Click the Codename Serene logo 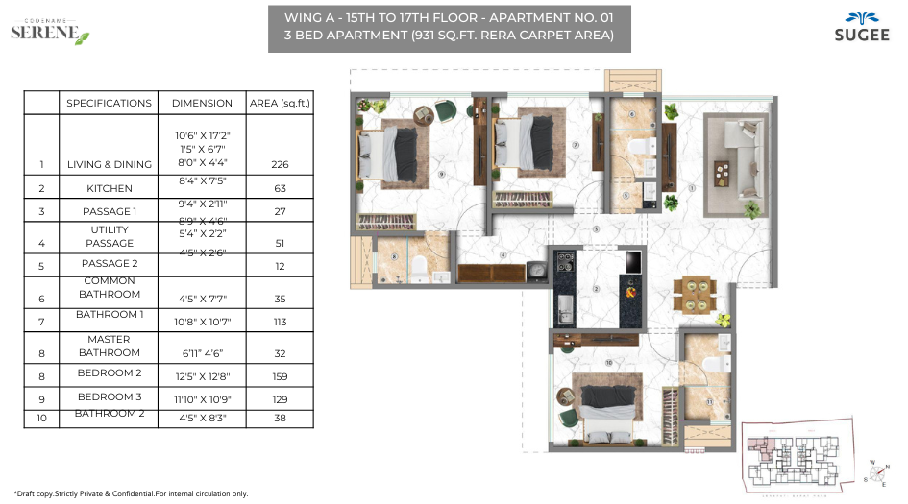coord(50,31)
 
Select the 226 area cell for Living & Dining coord(280,164)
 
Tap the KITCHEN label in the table coord(110,189)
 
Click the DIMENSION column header coord(202,103)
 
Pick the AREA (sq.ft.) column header coord(280,103)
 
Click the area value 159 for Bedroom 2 coord(280,376)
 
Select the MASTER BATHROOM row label coord(110,346)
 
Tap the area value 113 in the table coord(280,322)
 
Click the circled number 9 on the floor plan coord(441,175)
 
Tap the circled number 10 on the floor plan coord(609,363)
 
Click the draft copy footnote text coord(131,493)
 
